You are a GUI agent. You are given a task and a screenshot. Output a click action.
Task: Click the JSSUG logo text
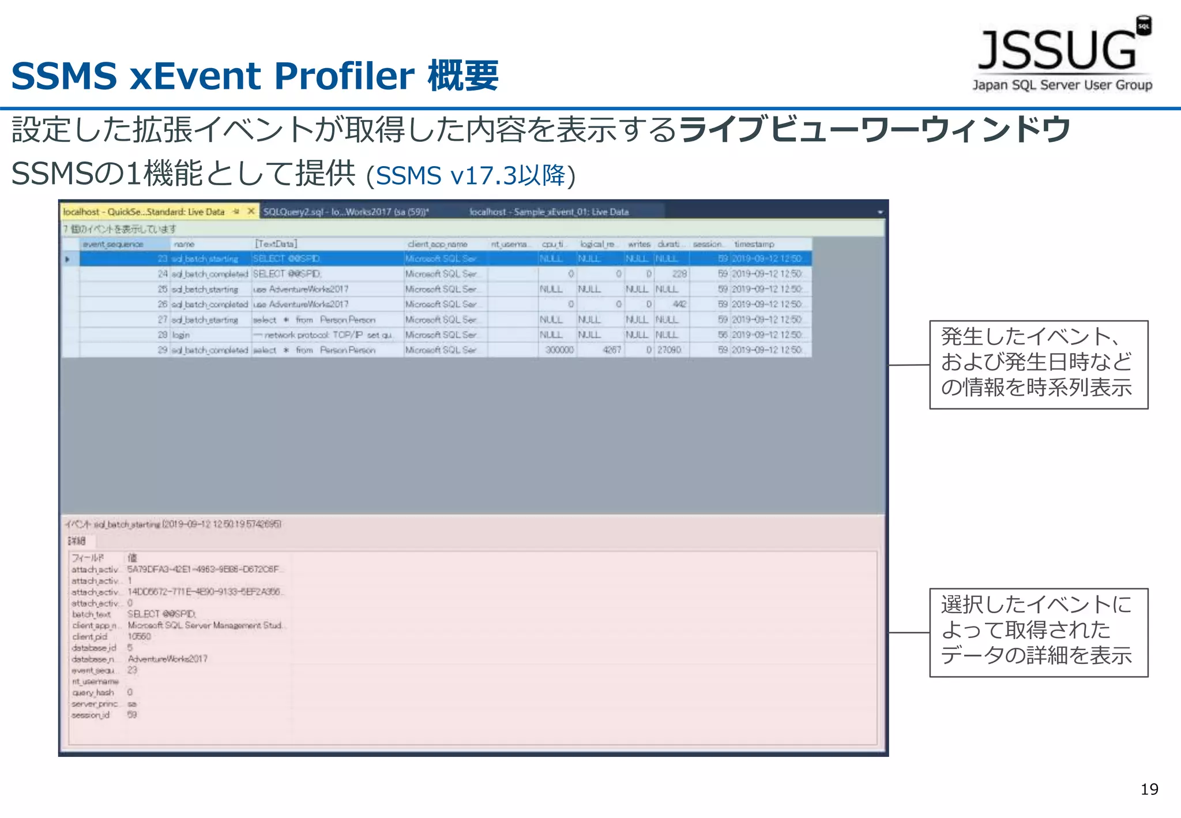pyautogui.click(x=1057, y=51)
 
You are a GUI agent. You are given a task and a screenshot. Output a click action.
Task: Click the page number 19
pyautogui.click(x=1149, y=789)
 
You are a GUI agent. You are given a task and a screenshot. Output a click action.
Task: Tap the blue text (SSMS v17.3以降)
pyautogui.click(x=471, y=175)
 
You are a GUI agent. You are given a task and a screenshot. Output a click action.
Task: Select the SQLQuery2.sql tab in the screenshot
pyautogui.click(x=345, y=212)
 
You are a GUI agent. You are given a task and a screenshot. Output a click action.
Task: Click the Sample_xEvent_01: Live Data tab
pyautogui.click(x=548, y=212)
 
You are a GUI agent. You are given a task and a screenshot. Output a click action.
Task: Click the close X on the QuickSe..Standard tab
pyautogui.click(x=251, y=211)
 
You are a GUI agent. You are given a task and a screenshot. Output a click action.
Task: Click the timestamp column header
pyautogui.click(x=754, y=244)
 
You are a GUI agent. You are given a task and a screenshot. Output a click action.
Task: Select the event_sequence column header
pyautogui.click(x=113, y=244)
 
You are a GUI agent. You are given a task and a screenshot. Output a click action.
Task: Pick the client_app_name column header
pyautogui.click(x=437, y=244)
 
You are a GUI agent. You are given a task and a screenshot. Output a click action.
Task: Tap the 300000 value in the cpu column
pyautogui.click(x=559, y=350)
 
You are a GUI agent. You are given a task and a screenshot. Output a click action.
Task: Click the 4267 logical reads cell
pyautogui.click(x=611, y=350)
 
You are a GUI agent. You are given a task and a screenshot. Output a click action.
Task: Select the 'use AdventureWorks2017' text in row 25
pyautogui.click(x=300, y=289)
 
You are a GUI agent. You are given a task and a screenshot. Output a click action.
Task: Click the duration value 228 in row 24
pyautogui.click(x=679, y=274)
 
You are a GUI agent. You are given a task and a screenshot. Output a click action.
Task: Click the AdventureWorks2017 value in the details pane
pyautogui.click(x=167, y=659)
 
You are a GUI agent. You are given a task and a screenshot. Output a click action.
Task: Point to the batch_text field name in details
pyautogui.click(x=91, y=614)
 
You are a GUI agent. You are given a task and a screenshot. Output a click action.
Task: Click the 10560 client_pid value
pyautogui.click(x=139, y=636)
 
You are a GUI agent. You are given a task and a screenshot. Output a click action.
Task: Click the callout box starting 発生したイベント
pyautogui.click(x=1038, y=365)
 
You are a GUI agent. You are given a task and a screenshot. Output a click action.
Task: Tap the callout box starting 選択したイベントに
pyautogui.click(x=1038, y=632)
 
